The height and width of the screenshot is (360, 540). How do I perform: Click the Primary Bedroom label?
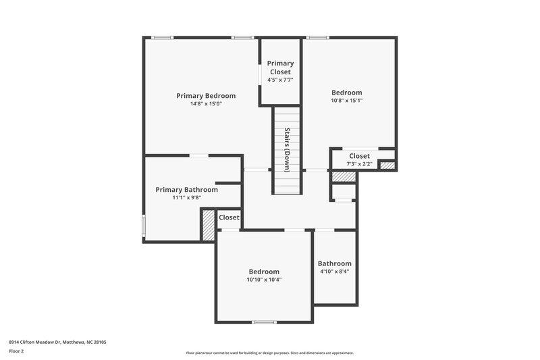pyautogui.click(x=206, y=96)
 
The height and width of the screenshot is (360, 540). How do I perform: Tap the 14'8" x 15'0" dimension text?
pyautogui.click(x=206, y=104)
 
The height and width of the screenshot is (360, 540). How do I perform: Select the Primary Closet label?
pyautogui.click(x=280, y=68)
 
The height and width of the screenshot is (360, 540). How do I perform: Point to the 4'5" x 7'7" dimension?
pyautogui.click(x=280, y=80)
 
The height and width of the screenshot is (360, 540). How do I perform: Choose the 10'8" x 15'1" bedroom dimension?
pyautogui.click(x=346, y=101)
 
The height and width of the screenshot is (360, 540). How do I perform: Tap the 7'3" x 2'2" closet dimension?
pyautogui.click(x=359, y=163)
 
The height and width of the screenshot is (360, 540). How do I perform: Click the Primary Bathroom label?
pyautogui.click(x=186, y=190)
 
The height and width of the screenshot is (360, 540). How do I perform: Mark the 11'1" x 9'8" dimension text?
pyautogui.click(x=186, y=199)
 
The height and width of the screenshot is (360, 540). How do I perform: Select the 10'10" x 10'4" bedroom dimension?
pyautogui.click(x=264, y=280)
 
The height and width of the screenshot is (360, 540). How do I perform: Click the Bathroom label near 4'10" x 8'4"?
pyautogui.click(x=335, y=263)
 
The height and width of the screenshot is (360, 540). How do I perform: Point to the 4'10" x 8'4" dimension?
pyautogui.click(x=335, y=272)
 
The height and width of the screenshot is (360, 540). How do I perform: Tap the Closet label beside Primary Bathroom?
pyautogui.click(x=230, y=217)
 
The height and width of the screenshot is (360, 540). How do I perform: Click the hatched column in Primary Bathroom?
pyautogui.click(x=209, y=225)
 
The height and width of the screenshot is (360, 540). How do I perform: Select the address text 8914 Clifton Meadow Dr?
pyautogui.click(x=57, y=342)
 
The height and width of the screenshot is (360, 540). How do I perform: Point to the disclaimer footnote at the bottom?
pyautogui.click(x=270, y=353)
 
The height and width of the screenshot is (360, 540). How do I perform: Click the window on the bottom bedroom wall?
pyautogui.click(x=264, y=322)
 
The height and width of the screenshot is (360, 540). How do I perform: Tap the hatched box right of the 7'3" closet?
pyautogui.click(x=387, y=165)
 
